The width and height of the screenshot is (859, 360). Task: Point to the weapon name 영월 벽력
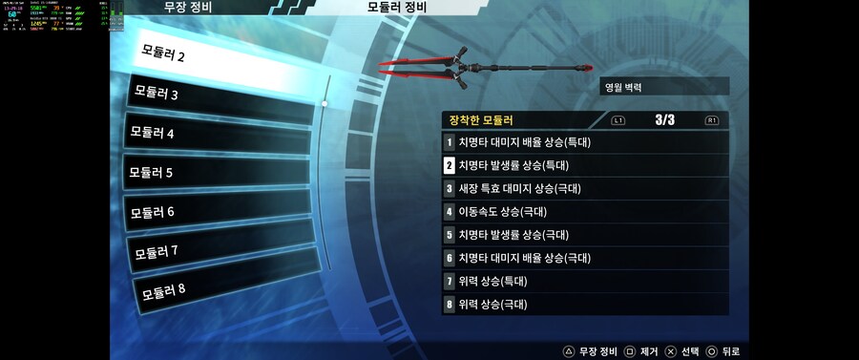[x=622, y=87]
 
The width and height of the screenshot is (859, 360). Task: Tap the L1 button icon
[x=618, y=121]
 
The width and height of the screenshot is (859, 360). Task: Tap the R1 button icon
[x=712, y=121]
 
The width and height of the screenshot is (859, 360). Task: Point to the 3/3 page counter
[x=665, y=120]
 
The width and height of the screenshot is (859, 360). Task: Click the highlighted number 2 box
[x=449, y=165]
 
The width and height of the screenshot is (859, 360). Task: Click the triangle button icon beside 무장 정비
[x=568, y=351]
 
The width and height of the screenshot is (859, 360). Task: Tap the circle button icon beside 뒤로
[x=711, y=351]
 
